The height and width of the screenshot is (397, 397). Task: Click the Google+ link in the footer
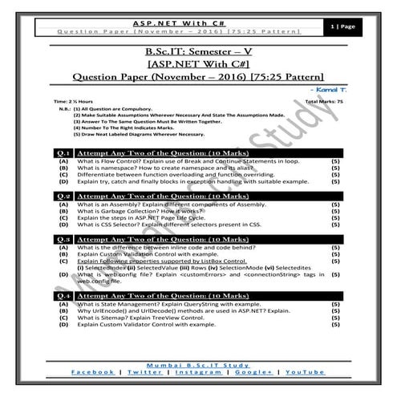tap(253, 373)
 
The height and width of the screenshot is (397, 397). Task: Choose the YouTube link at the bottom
tap(305, 373)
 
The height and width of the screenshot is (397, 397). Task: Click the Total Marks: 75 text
tap(325, 103)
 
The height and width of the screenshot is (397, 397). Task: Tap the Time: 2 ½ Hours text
tap(73, 103)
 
